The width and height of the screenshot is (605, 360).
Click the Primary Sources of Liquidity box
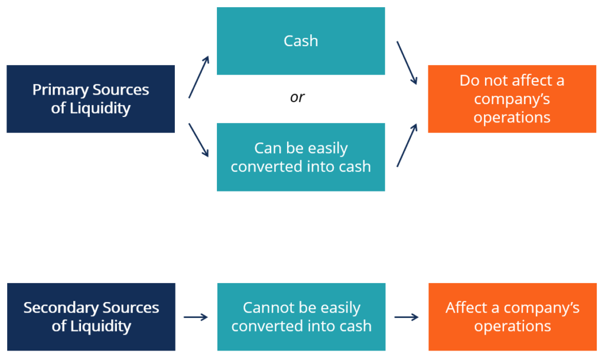tap(90, 99)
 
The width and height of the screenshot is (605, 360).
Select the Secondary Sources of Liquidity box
tap(91, 317)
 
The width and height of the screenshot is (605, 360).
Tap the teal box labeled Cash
tap(301, 41)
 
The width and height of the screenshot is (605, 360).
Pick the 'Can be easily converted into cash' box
tap(301, 157)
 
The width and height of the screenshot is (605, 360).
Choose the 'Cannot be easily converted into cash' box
tap(301, 317)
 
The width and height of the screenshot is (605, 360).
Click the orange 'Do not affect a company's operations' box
tap(512, 99)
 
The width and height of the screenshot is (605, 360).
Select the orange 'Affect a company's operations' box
tap(512, 317)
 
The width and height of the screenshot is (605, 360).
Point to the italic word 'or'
tap(297, 98)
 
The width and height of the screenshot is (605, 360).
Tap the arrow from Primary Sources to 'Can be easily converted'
tap(199, 140)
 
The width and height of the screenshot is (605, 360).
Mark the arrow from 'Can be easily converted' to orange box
tap(407, 145)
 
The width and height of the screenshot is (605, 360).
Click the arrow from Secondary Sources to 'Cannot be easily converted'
tap(196, 317)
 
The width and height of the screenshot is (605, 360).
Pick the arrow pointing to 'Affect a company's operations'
tap(406, 317)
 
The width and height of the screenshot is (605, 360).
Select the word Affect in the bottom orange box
tap(465, 308)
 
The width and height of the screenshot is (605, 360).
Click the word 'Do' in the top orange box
tap(469, 80)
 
